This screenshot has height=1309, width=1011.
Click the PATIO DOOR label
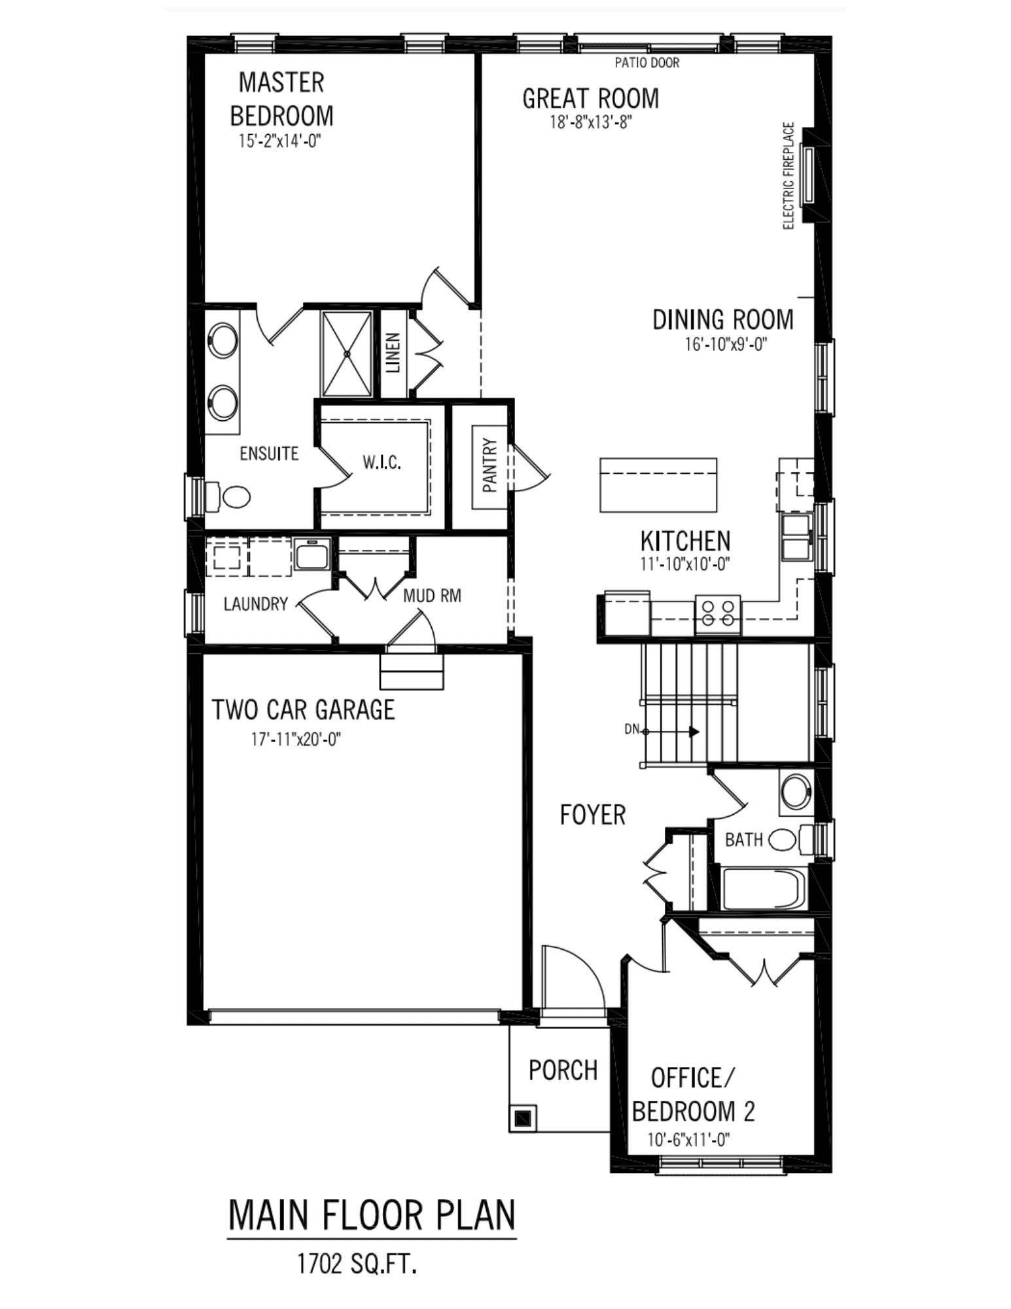(647, 63)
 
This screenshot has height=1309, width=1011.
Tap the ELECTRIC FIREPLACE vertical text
(789, 175)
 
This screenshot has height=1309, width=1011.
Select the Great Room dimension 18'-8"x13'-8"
(590, 122)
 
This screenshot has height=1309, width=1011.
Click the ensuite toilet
(229, 497)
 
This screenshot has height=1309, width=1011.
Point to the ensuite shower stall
(347, 353)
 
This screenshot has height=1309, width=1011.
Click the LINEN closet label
(393, 353)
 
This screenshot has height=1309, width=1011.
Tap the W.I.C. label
(381, 463)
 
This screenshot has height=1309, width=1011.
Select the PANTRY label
(490, 465)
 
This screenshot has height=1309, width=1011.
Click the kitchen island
(658, 485)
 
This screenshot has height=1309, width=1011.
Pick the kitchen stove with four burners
(717, 614)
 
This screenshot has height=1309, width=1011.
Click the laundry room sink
(312, 554)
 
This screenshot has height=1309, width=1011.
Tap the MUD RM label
(432, 596)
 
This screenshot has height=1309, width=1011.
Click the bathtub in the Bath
(763, 888)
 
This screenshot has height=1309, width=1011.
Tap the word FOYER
(593, 815)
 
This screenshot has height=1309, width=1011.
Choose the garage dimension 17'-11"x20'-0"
(296, 740)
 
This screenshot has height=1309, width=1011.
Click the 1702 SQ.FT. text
(357, 1264)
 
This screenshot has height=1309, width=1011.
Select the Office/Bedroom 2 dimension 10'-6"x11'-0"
(688, 1139)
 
